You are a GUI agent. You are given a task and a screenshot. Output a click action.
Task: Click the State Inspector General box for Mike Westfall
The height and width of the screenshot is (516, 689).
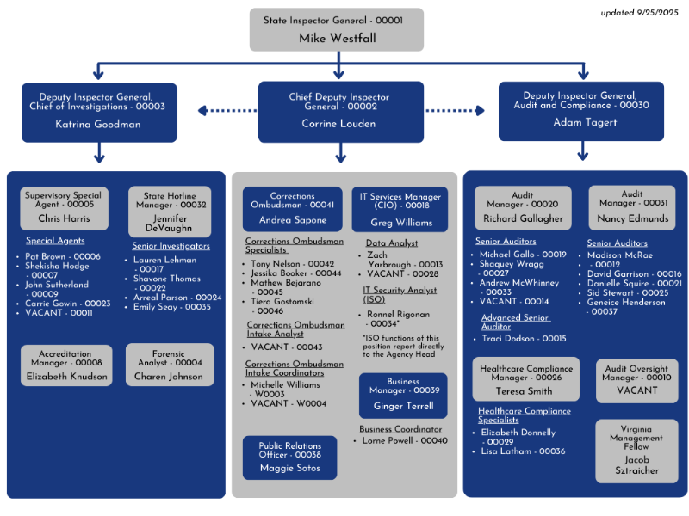338,29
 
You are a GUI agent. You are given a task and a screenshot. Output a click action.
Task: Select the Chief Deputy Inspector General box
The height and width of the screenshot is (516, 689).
340,111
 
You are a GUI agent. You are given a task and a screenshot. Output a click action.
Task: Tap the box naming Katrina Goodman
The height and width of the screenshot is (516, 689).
98,112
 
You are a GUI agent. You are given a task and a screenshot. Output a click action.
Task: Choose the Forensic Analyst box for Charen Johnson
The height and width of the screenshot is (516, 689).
170,365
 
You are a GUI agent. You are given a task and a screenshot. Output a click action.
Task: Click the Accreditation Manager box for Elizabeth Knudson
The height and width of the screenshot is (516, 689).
65,365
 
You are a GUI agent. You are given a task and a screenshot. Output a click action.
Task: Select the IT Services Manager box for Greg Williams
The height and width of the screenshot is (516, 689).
400,210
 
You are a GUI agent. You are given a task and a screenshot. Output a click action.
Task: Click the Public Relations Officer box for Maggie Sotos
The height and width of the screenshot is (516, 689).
289,458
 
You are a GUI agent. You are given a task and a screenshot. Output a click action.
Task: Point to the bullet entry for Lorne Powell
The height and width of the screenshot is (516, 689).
401,440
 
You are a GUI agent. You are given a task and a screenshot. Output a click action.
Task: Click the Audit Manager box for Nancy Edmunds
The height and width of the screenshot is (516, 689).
632,208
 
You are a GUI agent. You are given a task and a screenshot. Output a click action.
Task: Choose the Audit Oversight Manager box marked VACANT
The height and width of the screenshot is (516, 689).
637,380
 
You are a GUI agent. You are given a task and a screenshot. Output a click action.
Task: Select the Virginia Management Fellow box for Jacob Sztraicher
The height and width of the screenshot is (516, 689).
637,451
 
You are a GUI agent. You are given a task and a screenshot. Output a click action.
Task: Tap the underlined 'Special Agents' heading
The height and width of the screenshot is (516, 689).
55,241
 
